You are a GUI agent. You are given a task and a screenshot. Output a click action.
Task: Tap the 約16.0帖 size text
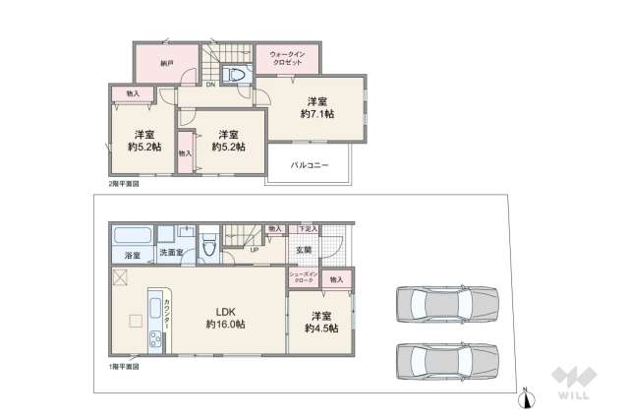(x=225, y=324)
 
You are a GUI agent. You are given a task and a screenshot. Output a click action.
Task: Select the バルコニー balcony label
(x=309, y=165)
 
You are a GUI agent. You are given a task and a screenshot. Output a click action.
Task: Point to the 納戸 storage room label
(x=168, y=62)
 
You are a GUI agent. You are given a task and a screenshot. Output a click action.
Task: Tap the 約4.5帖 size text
(x=320, y=328)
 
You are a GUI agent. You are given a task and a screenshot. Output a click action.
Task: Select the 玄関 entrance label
(x=305, y=249)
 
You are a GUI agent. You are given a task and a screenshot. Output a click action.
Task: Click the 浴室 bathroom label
(x=131, y=256)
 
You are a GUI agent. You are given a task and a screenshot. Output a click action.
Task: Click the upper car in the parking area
(x=448, y=306)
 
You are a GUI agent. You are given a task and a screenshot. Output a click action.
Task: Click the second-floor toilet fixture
(x=236, y=76)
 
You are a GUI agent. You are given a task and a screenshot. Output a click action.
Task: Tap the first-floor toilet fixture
(x=208, y=246)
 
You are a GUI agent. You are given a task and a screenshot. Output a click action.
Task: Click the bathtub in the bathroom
(x=131, y=236)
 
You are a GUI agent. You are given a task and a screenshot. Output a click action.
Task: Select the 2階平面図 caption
(x=124, y=183)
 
